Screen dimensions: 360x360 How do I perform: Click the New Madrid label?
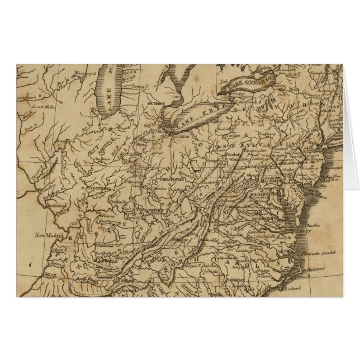[47, 235]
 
